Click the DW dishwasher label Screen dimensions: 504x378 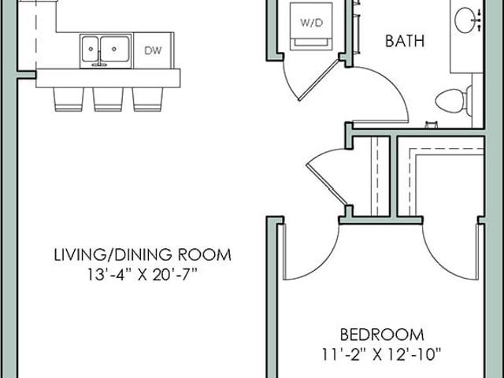click(x=153, y=50)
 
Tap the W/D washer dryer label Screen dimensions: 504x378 click(x=311, y=23)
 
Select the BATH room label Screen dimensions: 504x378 click(x=405, y=41)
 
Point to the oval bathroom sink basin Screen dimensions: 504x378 click(x=465, y=20)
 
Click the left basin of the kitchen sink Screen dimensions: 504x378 click(x=90, y=49)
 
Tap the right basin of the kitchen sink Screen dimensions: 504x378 click(x=115, y=49)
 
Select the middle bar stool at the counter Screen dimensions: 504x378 click(x=108, y=99)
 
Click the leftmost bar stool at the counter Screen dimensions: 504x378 click(x=69, y=99)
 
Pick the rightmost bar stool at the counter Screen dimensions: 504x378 click(x=147, y=99)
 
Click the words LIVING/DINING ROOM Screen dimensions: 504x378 click(x=143, y=254)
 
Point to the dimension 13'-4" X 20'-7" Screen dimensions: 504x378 click(x=143, y=275)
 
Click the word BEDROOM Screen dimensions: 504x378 click(x=382, y=335)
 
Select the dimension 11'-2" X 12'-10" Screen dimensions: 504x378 click(x=382, y=355)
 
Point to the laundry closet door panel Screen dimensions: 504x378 click(x=318, y=80)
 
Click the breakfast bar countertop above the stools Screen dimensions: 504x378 click(x=108, y=78)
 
